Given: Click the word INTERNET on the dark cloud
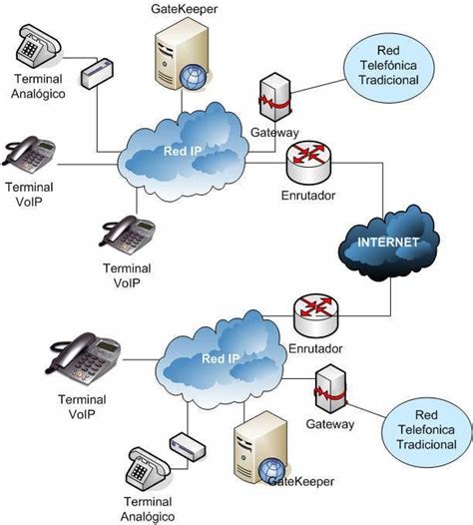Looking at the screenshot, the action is pos(388,243).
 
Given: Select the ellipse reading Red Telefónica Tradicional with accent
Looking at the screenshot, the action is pos(388,66).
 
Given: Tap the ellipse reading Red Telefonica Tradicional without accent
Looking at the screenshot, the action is pos(426,430).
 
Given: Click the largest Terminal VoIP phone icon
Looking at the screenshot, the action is pos(84,358).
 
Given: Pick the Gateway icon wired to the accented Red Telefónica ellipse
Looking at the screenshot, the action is pos(275,97).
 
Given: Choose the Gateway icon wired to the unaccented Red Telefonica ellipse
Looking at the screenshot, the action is pos(330,389).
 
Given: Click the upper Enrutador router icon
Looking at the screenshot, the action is pos(308,162).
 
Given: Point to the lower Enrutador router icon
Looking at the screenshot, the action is pos(316,315).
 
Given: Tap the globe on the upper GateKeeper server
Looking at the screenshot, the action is pos(193,77).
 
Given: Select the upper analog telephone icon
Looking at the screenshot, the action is pos(39,45).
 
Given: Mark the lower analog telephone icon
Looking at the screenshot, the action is pos(148,469).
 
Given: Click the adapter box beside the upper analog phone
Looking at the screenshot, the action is pos(98,74).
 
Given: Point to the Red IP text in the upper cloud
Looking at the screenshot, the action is pos(183,151).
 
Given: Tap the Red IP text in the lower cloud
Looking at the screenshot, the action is pos(221,359).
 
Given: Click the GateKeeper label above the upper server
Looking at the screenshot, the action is pos(185,9).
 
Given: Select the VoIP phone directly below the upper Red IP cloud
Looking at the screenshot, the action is pos(128,236).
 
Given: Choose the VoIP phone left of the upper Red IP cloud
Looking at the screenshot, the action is pos(30,154).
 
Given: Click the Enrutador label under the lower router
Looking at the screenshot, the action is pos(315,348).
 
